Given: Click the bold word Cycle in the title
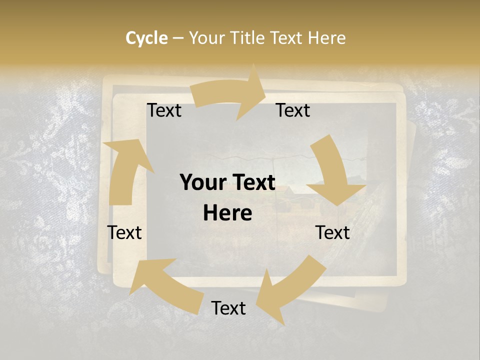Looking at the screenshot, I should [x=146, y=38].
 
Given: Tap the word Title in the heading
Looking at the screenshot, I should [x=249, y=38].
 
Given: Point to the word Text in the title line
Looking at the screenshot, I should [x=287, y=38].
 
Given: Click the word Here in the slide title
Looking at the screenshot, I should [x=327, y=38].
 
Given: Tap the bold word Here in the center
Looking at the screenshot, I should [x=227, y=213].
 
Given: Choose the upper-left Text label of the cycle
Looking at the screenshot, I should [x=164, y=110].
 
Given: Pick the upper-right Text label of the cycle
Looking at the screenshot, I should [x=293, y=110].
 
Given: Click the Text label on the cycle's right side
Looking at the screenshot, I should [x=332, y=232].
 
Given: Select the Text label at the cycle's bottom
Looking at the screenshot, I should [x=228, y=308].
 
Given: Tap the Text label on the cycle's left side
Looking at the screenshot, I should [x=124, y=232].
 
